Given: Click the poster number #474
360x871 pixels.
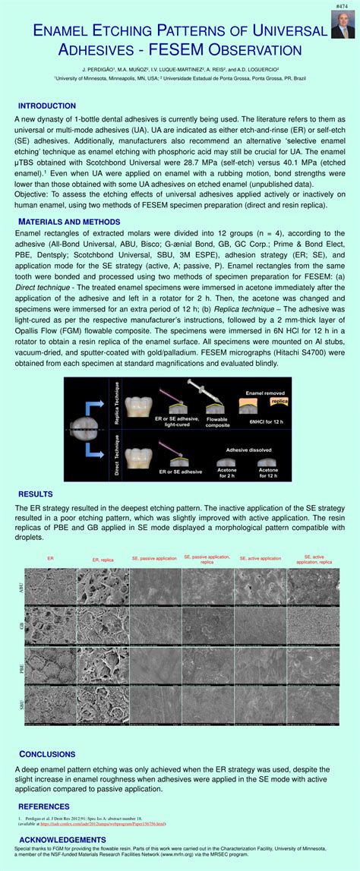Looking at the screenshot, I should [x=345, y=5].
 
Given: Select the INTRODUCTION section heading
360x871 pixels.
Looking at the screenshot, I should [x=47, y=106].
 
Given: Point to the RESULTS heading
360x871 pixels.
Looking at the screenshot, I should [x=36, y=494].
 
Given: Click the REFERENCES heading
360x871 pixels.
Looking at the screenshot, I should [x=44, y=806].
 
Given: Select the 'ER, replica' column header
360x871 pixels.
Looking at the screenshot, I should [x=103, y=560].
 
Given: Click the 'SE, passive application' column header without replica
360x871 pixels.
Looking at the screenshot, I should [x=154, y=558].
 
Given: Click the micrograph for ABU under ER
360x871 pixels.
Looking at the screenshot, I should [x=50, y=585].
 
